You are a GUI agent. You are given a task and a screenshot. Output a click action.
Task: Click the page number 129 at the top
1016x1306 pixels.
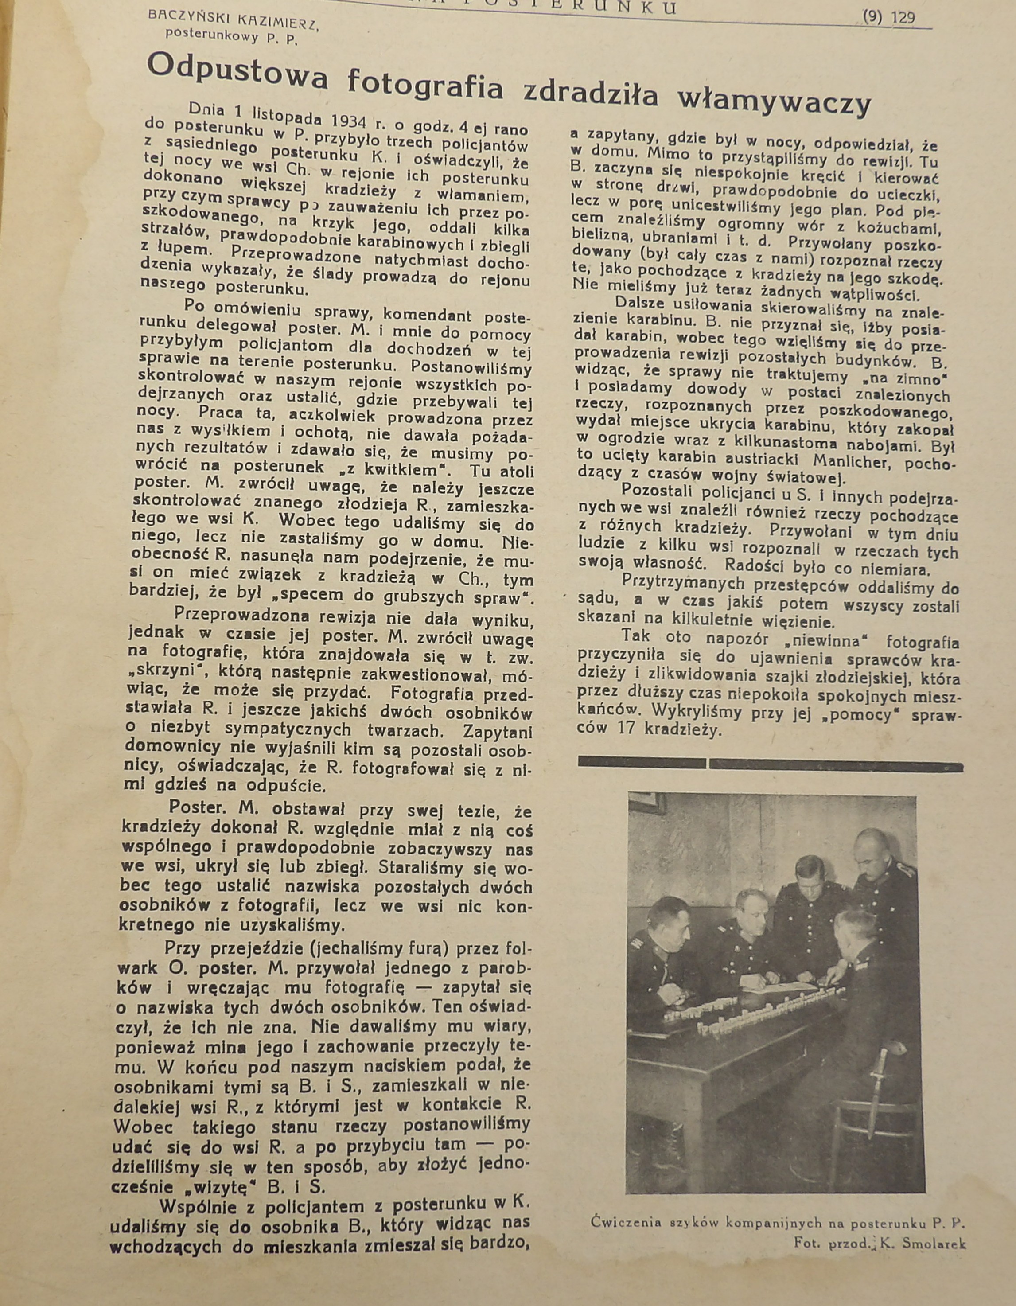tap(903, 18)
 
